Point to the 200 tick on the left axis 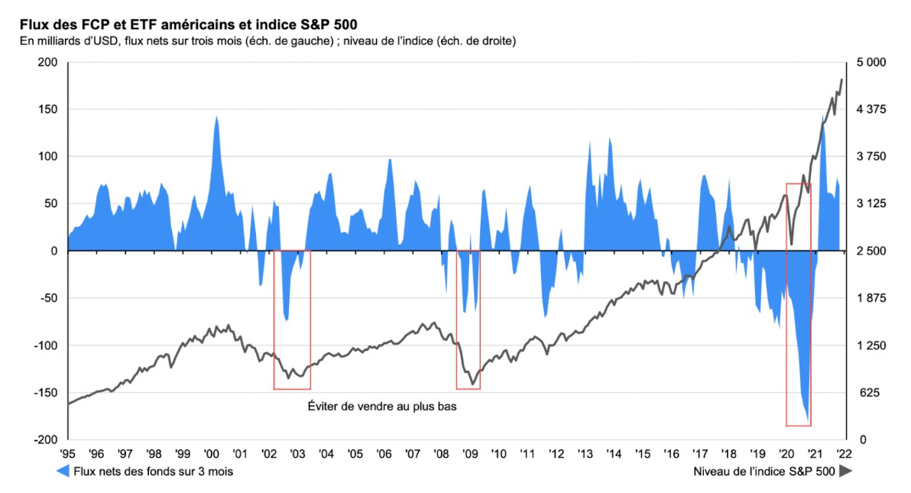[48, 62]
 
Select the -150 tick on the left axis [45, 393]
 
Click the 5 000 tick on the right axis [870, 62]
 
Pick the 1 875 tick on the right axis [870, 298]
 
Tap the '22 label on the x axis [843, 454]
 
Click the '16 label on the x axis [671, 454]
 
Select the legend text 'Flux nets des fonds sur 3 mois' [153, 472]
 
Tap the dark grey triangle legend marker [846, 472]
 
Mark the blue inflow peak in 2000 [216, 117]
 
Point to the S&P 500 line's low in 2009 [473, 384]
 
